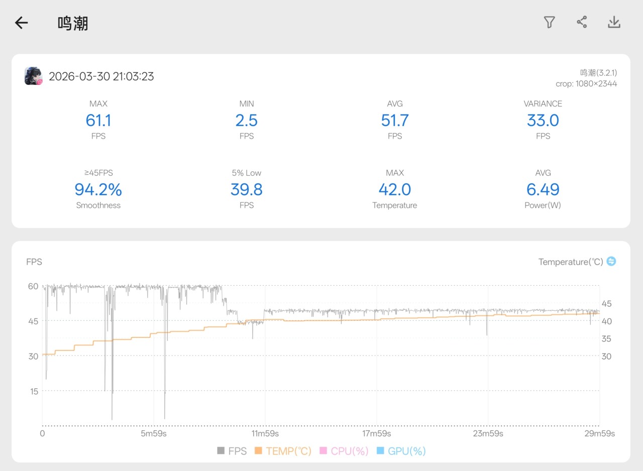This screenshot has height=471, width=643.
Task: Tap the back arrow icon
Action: [x=21, y=23]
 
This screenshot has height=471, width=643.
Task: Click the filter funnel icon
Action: [x=549, y=22]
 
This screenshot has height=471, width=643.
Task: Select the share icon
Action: [x=582, y=22]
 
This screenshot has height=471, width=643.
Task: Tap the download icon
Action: [x=614, y=22]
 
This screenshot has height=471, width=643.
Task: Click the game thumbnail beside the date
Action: [x=33, y=76]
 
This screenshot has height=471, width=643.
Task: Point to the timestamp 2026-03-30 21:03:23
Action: [x=101, y=76]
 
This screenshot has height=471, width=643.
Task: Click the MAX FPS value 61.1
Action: [x=98, y=121]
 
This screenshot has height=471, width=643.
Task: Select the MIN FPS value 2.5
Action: [x=246, y=121]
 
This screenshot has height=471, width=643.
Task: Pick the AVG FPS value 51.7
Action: [x=395, y=121]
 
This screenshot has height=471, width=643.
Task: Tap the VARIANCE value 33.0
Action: [x=543, y=121]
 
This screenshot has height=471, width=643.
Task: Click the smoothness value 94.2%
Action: [x=98, y=189]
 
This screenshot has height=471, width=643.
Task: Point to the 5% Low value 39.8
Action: [x=246, y=189]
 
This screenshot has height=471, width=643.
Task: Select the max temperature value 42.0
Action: [x=395, y=189]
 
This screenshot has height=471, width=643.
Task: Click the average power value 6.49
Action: [x=543, y=189]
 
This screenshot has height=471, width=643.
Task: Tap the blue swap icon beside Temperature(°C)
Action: [x=611, y=261]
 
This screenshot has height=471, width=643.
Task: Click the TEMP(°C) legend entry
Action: [x=283, y=451]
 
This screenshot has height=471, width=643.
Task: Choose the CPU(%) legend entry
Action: [x=344, y=451]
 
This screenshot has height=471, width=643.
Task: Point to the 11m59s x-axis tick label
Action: [x=265, y=433]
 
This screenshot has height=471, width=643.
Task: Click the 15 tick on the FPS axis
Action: [x=33, y=391]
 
